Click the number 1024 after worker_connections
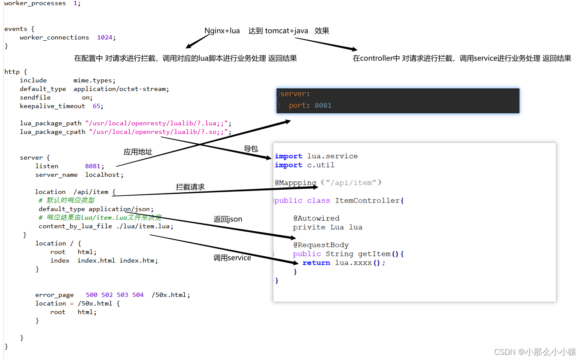pos(105,37)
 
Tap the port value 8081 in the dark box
pos(323,106)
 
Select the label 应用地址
pos(138,152)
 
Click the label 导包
pos(251,149)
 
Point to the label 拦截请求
pos(190,187)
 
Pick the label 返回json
pos(228,219)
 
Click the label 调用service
pos(232,258)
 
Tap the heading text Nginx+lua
pos(222,31)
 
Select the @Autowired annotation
pos(316,218)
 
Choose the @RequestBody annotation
pos(321,245)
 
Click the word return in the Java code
pos(316,263)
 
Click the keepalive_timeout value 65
pos(97,106)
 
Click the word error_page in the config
pos(55,295)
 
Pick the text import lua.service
pos(316,156)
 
